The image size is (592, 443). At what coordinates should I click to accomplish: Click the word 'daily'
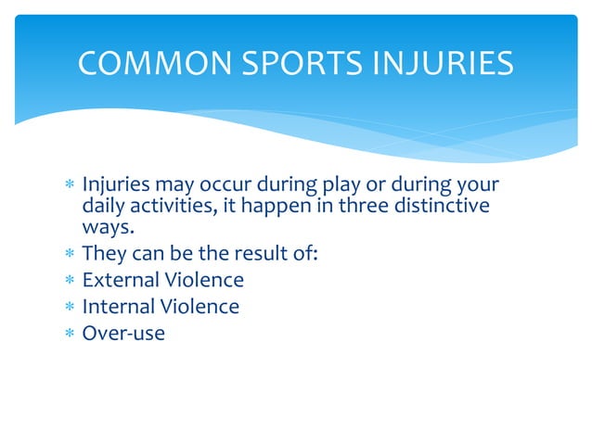click(x=105, y=206)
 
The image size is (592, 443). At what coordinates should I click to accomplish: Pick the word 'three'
click(x=365, y=206)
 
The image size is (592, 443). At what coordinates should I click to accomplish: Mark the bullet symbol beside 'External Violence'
click(x=70, y=280)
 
